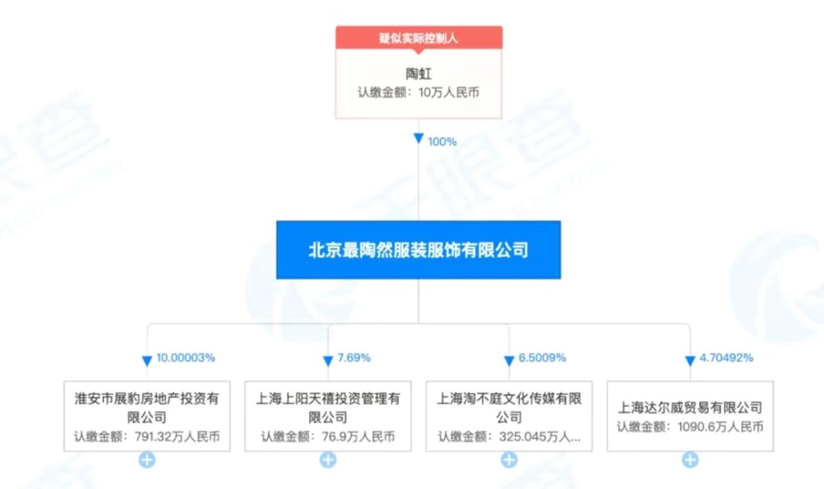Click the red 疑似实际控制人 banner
tap(419, 38)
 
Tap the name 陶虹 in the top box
tap(419, 73)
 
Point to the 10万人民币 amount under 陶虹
tap(449, 92)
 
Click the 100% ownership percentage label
tap(442, 142)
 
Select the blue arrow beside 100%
tap(419, 139)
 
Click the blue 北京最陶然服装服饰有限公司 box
tap(419, 250)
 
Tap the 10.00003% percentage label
tap(185, 358)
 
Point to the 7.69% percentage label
tap(353, 358)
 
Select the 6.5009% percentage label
tap(542, 358)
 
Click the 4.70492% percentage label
tap(726, 358)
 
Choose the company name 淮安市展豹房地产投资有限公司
tap(147, 408)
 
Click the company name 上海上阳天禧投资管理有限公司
tap(328, 408)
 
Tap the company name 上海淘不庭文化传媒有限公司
tap(509, 408)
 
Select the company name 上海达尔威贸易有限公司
tap(690, 407)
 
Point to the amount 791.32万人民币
tap(177, 436)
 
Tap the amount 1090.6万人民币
tap(720, 426)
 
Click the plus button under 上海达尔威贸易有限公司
tap(690, 460)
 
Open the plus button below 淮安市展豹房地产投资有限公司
tap(147, 460)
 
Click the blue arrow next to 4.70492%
tap(690, 360)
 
